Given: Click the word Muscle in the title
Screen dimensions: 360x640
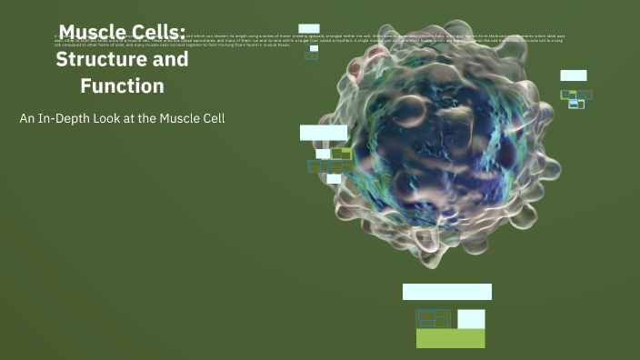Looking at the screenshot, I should [91, 34].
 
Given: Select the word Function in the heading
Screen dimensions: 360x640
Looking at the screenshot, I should [122, 86].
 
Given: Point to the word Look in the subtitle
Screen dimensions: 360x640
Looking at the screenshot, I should [109, 118].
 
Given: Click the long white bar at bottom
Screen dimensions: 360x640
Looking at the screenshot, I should [447, 292].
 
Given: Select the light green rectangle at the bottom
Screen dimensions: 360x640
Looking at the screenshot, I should [450, 338].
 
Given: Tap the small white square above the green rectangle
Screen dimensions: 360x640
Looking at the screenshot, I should [471, 319].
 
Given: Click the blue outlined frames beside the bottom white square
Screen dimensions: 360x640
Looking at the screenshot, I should [434, 318].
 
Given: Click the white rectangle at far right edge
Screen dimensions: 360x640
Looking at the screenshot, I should [573, 75].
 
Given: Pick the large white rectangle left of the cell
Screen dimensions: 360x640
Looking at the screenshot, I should [324, 133].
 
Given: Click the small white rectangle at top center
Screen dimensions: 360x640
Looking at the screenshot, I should [309, 29].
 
